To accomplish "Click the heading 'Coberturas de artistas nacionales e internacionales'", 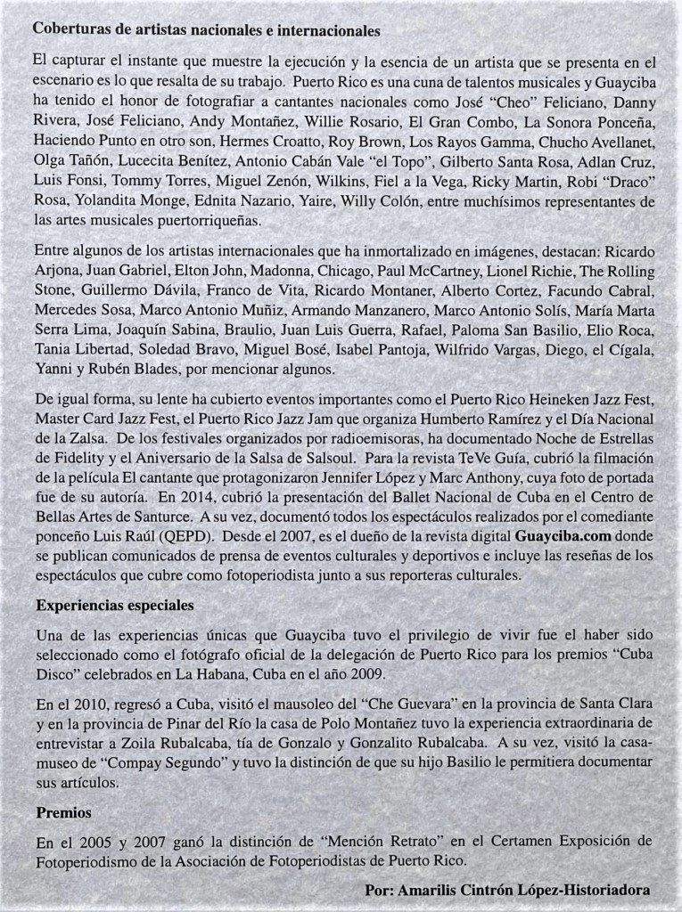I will (x=207, y=29).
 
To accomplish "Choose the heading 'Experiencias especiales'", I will (x=115, y=605).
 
